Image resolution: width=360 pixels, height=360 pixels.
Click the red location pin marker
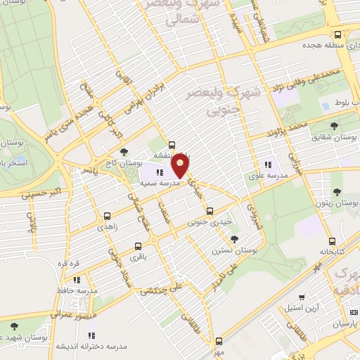(181, 166)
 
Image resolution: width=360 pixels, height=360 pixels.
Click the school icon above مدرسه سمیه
(160, 172)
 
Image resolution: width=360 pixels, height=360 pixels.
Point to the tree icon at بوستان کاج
(124, 151)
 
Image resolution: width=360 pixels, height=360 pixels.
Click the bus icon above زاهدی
(107, 217)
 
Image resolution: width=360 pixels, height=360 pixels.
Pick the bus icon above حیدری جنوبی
(209, 211)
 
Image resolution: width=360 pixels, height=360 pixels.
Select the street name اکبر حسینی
(49, 189)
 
